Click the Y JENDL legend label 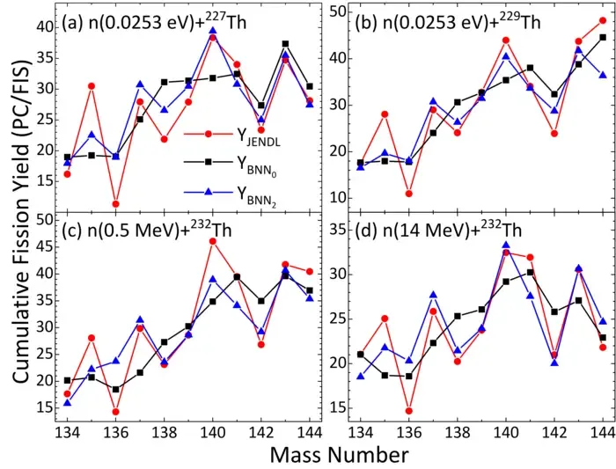(259, 137)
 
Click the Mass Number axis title (339, 456)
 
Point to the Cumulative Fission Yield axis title (20, 222)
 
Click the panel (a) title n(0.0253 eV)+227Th (154, 22)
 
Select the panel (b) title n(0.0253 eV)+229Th (448, 22)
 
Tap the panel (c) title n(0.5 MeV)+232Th (147, 230)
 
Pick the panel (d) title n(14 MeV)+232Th (438, 230)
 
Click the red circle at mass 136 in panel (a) (115, 204)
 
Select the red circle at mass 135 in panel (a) (92, 86)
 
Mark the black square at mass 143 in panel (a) (286, 44)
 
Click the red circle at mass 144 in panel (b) (603, 20)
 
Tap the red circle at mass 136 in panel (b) (409, 194)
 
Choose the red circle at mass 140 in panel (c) (213, 241)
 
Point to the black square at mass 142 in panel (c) (261, 301)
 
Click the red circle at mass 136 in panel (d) (409, 411)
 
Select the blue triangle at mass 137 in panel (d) (433, 295)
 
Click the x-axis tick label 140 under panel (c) (213, 433)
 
